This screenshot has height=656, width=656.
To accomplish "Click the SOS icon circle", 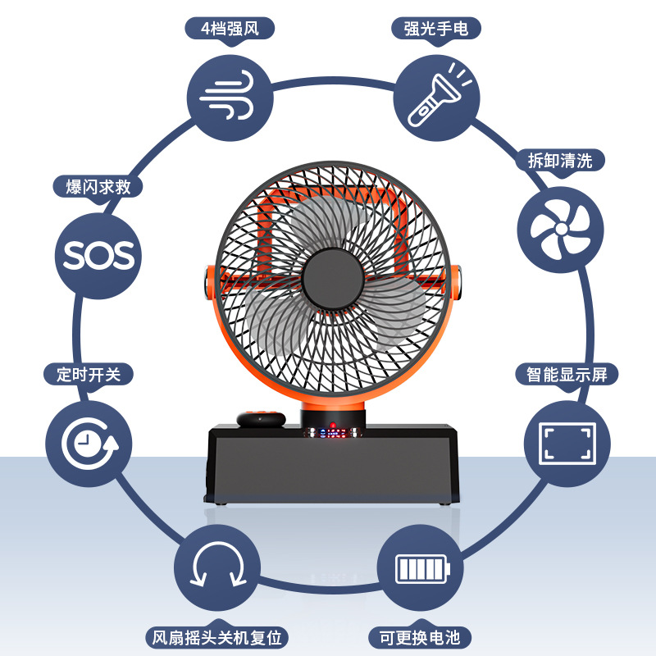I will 98,255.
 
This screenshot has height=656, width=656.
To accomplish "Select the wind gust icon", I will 230,98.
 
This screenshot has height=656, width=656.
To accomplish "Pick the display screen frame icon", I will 567,443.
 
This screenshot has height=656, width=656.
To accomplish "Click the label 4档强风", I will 230,29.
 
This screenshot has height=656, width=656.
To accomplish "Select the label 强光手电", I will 435,29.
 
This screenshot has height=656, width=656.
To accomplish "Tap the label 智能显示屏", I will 567,375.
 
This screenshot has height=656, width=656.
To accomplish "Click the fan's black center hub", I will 333,279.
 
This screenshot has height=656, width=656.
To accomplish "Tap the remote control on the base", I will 262,419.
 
